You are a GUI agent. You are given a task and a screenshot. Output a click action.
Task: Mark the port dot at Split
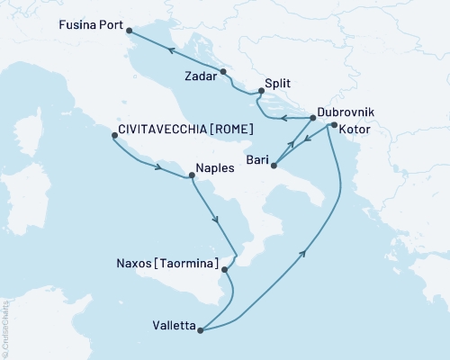click(x=261, y=90)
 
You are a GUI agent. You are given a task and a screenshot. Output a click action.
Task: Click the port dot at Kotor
click(x=335, y=126)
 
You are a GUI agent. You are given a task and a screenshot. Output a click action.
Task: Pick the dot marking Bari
click(x=274, y=165)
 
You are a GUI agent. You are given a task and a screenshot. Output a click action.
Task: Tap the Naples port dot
click(x=191, y=176)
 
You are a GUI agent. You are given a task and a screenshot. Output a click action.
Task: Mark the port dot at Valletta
click(x=201, y=330)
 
